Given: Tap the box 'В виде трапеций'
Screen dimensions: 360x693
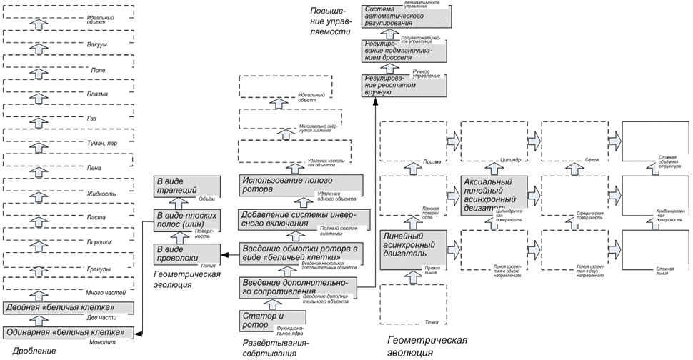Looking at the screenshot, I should pos(186,187).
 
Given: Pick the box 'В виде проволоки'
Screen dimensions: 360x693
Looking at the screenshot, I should pos(186,255).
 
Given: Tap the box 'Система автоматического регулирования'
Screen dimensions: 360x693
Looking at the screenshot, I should pos(405,19).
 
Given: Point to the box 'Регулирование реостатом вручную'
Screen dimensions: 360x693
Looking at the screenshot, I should pos(405,84).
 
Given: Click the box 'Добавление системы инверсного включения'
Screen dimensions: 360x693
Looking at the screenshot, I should pos(304,219).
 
